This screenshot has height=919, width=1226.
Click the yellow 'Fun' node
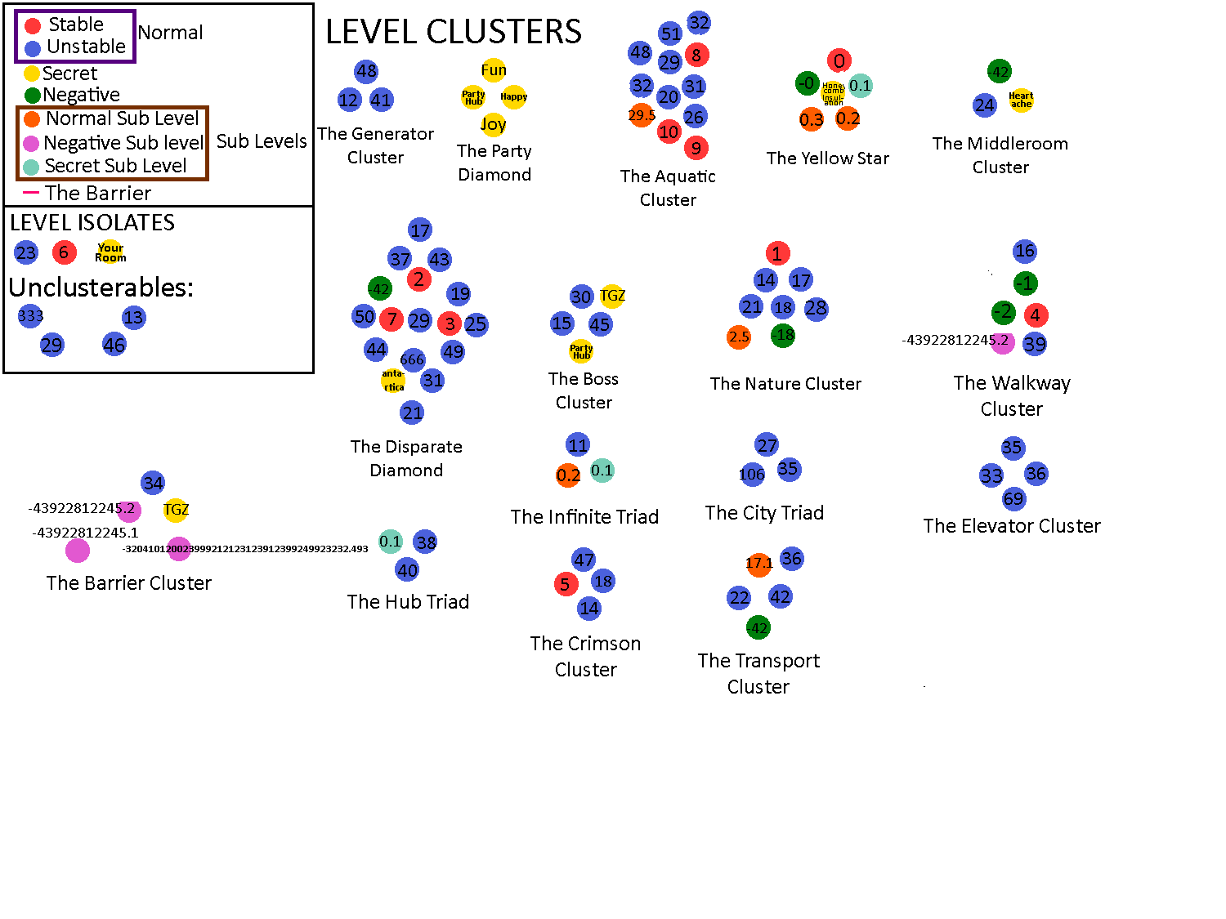pyautogui.click(x=494, y=70)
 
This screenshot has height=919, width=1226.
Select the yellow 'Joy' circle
pyautogui.click(x=493, y=124)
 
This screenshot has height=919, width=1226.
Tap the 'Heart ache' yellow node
pyautogui.click(x=1021, y=100)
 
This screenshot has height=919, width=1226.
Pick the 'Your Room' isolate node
pyautogui.click(x=110, y=252)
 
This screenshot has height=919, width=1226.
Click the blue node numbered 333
pyautogui.click(x=30, y=316)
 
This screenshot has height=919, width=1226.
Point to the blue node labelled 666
pyautogui.click(x=412, y=359)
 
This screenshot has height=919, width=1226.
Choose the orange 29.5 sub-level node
pyautogui.click(x=642, y=115)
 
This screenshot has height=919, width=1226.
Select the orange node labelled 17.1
pyautogui.click(x=759, y=564)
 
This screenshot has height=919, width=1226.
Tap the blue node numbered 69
pyautogui.click(x=1013, y=499)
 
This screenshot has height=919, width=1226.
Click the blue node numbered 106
pyautogui.click(x=752, y=475)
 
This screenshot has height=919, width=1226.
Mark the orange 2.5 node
pyautogui.click(x=739, y=337)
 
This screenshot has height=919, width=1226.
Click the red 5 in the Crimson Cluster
pyautogui.click(x=566, y=584)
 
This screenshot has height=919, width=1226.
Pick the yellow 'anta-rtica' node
pyautogui.click(x=393, y=381)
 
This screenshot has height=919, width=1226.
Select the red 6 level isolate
pyautogui.click(x=64, y=252)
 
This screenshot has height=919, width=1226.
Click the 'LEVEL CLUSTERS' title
pyautogui.click(x=454, y=32)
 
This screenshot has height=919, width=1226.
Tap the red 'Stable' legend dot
pyautogui.click(x=33, y=26)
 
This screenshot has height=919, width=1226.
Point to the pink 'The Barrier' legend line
pyautogui.click(x=31, y=193)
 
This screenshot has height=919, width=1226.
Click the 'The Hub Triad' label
pyautogui.click(x=408, y=602)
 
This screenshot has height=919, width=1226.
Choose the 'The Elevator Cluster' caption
pyautogui.click(x=1012, y=526)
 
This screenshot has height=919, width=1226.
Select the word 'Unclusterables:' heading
pyautogui.click(x=101, y=288)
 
